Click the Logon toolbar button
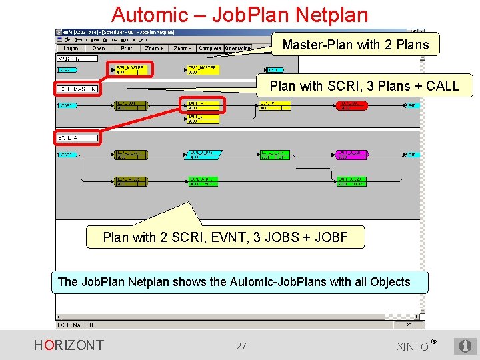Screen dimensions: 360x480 coord(71,49)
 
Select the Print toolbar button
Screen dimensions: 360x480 coord(127,49)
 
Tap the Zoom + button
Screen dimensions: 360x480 coord(154,49)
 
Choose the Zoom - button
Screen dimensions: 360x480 coord(181,49)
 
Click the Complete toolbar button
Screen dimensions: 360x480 coord(210,49)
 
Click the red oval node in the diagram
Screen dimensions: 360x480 coord(351,105)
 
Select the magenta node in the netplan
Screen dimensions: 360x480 coord(352,155)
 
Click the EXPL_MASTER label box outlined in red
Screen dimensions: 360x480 coord(77,89)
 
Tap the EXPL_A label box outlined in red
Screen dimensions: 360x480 coord(77,138)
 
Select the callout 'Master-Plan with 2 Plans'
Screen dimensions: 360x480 coord(355,45)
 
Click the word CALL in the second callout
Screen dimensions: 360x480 coord(442,85)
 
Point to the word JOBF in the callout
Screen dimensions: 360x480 coord(330,237)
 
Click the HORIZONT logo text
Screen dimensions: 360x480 coord(69,345)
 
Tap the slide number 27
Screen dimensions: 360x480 coord(241,346)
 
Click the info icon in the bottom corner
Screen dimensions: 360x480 coord(465,346)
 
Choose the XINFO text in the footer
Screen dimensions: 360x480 coord(413,346)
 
